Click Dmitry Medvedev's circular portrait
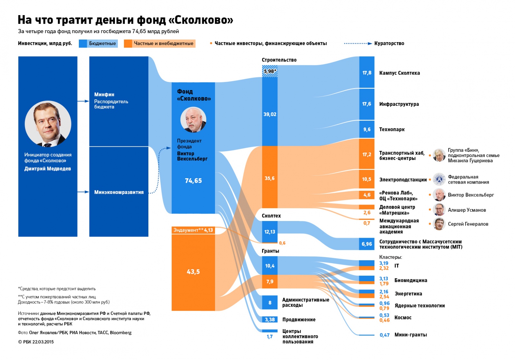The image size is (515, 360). pos(48,124)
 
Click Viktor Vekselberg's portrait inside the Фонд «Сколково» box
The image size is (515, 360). pos(193,120)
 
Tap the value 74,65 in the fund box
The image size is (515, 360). pos(193,181)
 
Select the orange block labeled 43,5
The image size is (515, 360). pos(193,272)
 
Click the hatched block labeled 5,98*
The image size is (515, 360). pos(270,71)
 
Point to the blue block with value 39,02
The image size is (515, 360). pos(270,114)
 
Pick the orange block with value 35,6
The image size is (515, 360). pos(270,178)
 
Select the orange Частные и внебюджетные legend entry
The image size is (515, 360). pos(160,43)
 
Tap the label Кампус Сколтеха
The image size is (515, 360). pos(399,73)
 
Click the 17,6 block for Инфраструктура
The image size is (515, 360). pos(367,104)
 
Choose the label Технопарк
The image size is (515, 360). pos(392,129)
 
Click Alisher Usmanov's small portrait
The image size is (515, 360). pos(439,210)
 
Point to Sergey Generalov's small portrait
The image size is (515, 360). pos(439,224)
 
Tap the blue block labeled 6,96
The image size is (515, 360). pos(367,244)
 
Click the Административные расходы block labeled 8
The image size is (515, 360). pos(270,303)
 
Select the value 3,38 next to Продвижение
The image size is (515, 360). pos(270,319)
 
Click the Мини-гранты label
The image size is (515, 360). pos(411,335)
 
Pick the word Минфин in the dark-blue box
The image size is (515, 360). pos(104,95)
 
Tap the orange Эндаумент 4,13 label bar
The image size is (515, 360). pos(193,230)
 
